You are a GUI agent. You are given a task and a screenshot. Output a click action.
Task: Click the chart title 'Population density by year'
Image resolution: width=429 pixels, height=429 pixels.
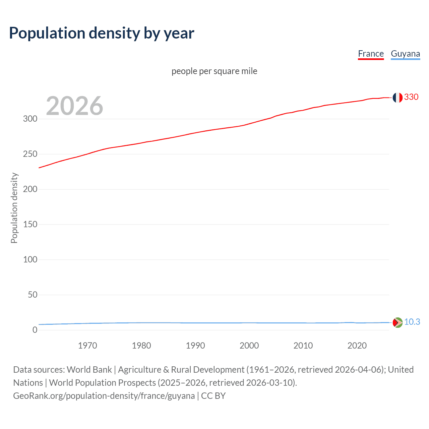[x=102, y=33]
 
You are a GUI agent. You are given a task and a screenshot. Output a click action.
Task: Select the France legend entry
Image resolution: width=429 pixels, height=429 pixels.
[x=371, y=54]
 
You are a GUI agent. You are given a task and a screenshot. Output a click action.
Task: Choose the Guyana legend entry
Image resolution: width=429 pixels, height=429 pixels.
[x=405, y=54]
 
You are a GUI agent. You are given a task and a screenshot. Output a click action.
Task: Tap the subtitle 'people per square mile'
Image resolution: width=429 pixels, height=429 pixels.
[x=214, y=71]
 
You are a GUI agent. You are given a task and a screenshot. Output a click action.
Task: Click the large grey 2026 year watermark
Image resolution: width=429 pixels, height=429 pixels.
[x=74, y=106]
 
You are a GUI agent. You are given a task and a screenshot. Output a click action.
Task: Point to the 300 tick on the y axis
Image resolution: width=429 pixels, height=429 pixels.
[x=30, y=119]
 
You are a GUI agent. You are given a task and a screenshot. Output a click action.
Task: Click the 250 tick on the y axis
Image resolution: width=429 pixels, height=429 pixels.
[x=30, y=154]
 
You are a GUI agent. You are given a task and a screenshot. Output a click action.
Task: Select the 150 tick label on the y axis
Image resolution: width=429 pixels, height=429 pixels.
[x=30, y=224]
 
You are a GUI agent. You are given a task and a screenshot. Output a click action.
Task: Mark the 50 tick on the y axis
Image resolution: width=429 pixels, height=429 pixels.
[x=33, y=295]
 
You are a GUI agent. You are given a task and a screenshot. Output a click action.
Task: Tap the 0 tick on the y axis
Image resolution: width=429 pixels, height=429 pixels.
[x=35, y=330]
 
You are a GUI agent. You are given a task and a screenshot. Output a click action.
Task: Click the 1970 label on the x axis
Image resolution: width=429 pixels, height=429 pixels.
[x=87, y=346]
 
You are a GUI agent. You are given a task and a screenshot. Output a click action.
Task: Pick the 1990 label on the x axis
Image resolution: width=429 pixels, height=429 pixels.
[x=195, y=346]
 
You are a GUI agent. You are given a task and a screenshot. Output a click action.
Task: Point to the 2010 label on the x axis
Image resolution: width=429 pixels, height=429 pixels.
[x=303, y=346]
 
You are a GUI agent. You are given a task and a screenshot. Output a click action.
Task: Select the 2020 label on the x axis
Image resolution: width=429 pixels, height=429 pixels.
[x=357, y=346]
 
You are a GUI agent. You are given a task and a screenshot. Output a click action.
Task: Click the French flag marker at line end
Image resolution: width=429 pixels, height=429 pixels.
[x=397, y=98]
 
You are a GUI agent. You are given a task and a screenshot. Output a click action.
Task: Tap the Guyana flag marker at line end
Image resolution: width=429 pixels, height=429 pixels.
[x=397, y=322]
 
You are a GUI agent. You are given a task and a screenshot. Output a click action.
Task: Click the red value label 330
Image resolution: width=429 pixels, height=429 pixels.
[x=411, y=97]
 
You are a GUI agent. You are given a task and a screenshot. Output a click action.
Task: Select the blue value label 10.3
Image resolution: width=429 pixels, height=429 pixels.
[x=412, y=322]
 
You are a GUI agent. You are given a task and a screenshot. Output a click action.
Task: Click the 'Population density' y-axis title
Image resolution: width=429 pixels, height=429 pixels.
[x=14, y=208]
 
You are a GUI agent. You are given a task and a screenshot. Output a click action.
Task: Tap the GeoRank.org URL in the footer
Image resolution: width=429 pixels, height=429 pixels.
[x=104, y=396]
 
